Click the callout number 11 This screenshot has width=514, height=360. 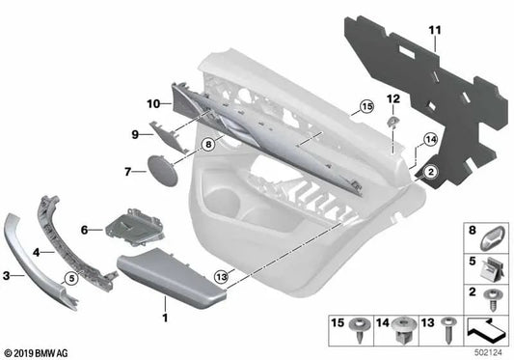[434, 32]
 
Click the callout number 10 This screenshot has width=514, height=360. [152, 103]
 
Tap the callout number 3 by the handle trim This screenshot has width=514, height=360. [9, 276]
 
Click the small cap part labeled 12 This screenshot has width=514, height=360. [393, 123]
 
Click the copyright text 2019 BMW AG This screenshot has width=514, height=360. [40, 352]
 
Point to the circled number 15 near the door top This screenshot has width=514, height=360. [365, 106]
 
